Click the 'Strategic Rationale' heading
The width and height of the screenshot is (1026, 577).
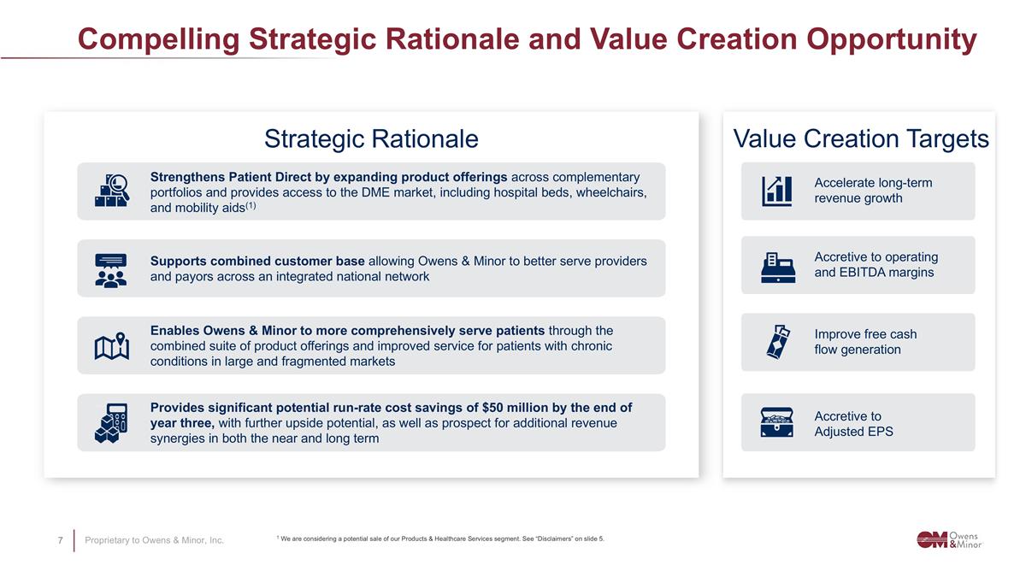coord(371,138)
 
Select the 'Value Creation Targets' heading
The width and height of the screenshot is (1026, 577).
coord(860,138)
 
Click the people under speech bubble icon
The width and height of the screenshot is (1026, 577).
coord(111,269)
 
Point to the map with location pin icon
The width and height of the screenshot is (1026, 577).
coord(111,346)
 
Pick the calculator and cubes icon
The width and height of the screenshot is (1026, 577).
coord(111,423)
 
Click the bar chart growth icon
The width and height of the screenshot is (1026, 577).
coord(776,191)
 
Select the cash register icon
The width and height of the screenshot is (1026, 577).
coord(778,267)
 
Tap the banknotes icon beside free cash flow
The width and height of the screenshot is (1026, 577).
coord(778,342)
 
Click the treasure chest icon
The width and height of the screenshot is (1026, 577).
coord(777,422)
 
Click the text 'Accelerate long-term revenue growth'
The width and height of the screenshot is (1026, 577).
coord(872,191)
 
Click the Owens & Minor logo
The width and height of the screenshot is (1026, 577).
coord(949,539)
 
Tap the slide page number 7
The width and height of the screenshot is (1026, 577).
coord(60,540)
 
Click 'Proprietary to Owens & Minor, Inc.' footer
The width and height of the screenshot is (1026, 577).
coord(154,540)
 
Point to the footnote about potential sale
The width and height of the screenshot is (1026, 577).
coord(440,539)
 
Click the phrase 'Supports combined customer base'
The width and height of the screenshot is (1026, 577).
coord(257,261)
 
